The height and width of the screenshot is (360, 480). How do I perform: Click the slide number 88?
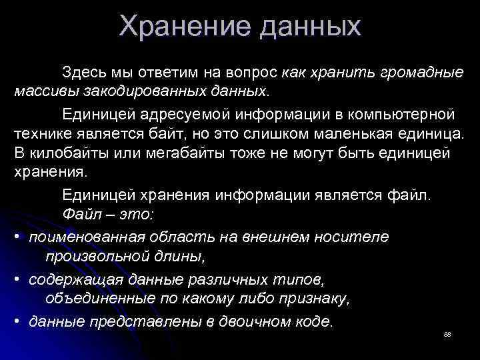[x=447, y=333]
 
